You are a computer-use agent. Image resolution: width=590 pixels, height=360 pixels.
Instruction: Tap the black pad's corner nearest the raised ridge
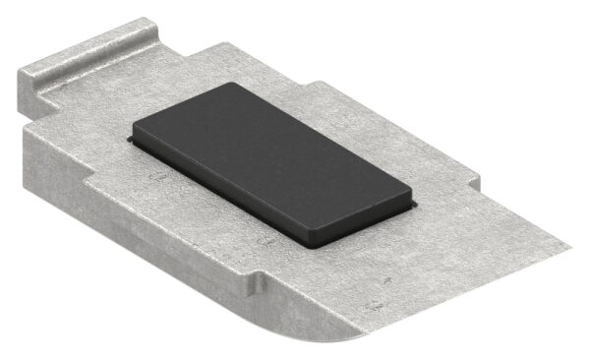[x=235, y=87]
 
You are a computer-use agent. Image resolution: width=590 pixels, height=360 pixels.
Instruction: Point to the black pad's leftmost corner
[x=136, y=130]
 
